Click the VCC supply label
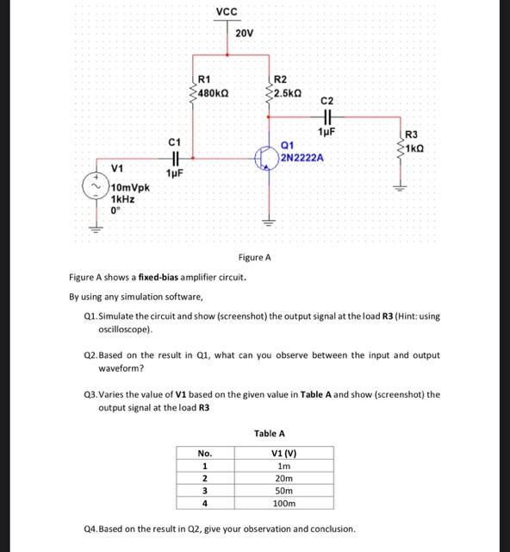(x=227, y=11)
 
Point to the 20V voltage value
(x=244, y=33)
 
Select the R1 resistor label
(x=204, y=79)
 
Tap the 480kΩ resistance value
(x=212, y=92)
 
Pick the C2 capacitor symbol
(x=327, y=118)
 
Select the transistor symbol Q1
(x=265, y=158)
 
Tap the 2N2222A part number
(x=302, y=159)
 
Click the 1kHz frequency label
(x=122, y=198)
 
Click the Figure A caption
(x=254, y=257)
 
